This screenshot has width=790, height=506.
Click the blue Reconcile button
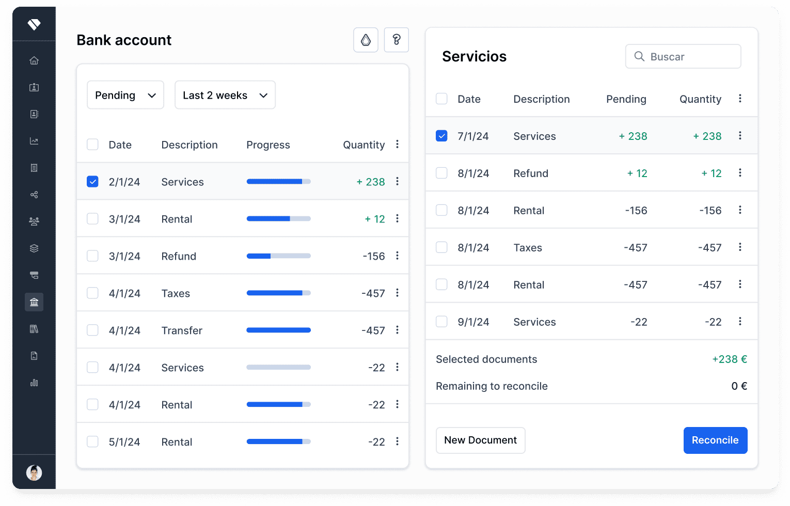tap(715, 440)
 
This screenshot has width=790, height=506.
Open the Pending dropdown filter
tap(125, 95)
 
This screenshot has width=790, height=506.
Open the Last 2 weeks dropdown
tap(225, 95)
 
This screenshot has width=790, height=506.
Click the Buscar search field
tap(683, 56)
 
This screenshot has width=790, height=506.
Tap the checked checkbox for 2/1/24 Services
tap(92, 182)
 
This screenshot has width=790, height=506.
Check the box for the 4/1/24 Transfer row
tap(92, 330)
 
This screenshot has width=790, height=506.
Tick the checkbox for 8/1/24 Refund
tap(441, 173)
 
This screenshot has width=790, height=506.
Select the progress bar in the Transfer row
tap(278, 330)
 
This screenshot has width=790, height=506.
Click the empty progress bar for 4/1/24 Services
tap(278, 367)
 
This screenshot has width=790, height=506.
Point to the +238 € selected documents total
tap(730, 359)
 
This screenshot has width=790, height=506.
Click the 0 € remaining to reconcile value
tap(739, 386)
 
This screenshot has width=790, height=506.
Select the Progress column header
tap(268, 145)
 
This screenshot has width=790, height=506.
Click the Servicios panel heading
tap(474, 56)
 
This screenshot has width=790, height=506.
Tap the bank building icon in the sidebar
tap(34, 302)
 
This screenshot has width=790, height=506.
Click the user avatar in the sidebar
tap(34, 472)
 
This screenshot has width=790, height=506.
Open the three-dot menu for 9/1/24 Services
tap(740, 321)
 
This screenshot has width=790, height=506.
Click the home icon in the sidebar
tap(34, 60)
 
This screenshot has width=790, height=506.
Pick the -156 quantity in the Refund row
tap(373, 256)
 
